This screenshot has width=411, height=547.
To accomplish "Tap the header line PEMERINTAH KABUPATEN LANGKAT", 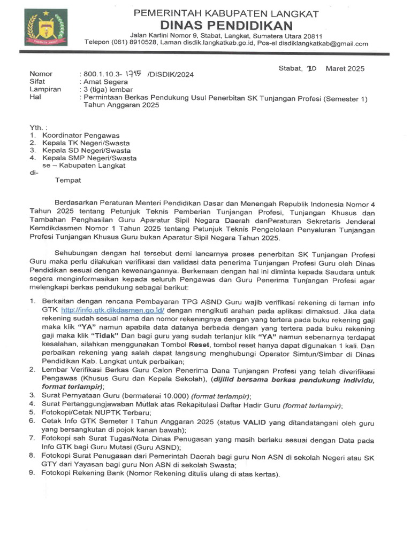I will pos(226,13).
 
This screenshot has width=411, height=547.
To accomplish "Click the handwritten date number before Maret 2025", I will pos(311,69).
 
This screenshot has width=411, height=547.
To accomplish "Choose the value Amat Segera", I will pos(105,82).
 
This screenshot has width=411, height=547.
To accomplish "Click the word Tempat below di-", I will pos(68,180).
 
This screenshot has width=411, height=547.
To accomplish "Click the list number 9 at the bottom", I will pos(32,474).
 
